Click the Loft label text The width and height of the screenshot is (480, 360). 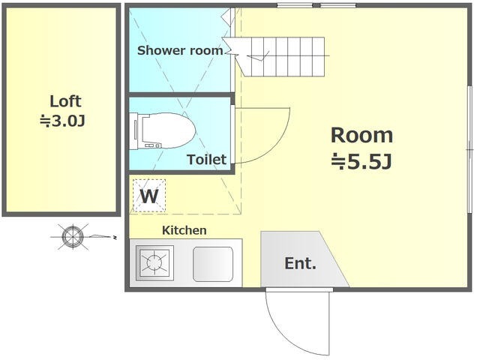[65, 101]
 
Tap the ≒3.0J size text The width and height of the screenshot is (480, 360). [62, 121]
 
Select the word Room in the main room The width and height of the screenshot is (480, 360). [361, 135]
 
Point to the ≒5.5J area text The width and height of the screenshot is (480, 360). [361, 162]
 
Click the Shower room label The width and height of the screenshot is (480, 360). [180, 50]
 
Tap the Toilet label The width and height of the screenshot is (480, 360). [207, 160]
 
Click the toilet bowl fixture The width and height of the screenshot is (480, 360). [168, 130]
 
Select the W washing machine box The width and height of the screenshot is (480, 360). [149, 196]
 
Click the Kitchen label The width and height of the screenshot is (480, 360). [184, 230]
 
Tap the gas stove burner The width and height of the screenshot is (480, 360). [154, 263]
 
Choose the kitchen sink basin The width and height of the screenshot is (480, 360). [213, 264]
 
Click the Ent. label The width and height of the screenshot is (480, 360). [300, 263]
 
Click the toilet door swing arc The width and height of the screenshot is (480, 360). [280, 143]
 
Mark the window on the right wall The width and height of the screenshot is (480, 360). [470, 149]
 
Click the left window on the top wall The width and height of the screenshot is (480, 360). [295, 5]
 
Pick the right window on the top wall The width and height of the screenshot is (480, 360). [338, 5]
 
